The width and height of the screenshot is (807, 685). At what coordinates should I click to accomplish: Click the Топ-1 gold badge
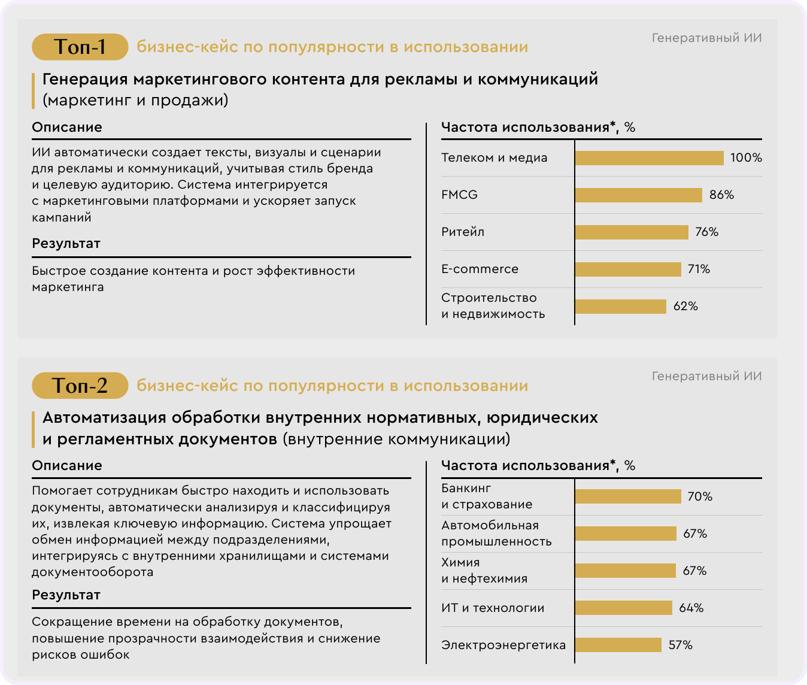coord(80,47)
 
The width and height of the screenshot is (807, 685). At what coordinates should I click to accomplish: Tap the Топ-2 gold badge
coord(80,385)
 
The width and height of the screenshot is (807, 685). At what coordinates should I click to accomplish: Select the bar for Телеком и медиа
coord(649,158)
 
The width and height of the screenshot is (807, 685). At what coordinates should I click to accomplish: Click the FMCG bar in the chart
coord(638,195)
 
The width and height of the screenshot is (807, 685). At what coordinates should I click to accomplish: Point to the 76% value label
coord(706,232)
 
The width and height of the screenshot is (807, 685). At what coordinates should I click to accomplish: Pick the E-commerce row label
coord(480,269)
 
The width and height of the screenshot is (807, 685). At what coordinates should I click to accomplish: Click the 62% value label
coord(685,307)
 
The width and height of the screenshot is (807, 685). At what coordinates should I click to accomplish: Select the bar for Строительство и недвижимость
coord(620,307)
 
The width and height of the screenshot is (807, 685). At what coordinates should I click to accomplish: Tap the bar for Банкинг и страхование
coord(628,496)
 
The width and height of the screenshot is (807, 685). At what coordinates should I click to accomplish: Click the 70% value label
coord(700,496)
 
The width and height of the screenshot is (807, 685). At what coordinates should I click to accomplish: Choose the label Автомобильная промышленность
coord(496,534)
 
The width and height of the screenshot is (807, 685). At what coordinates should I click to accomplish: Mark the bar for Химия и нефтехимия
coord(625,571)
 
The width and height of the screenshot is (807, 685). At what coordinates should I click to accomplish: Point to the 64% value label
coord(691,608)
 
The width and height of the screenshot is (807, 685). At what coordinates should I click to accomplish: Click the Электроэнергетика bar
coord(618,645)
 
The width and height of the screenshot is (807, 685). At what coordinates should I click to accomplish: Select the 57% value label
coord(680,645)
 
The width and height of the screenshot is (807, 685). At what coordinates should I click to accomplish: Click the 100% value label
coord(746,158)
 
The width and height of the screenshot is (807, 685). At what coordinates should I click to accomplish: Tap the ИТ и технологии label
coord(493,608)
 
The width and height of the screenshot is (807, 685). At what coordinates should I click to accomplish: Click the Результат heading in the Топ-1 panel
coord(66,244)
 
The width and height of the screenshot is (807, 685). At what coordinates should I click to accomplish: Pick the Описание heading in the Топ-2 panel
coord(67,466)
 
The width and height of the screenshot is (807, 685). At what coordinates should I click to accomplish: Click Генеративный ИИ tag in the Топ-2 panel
coord(706,377)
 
